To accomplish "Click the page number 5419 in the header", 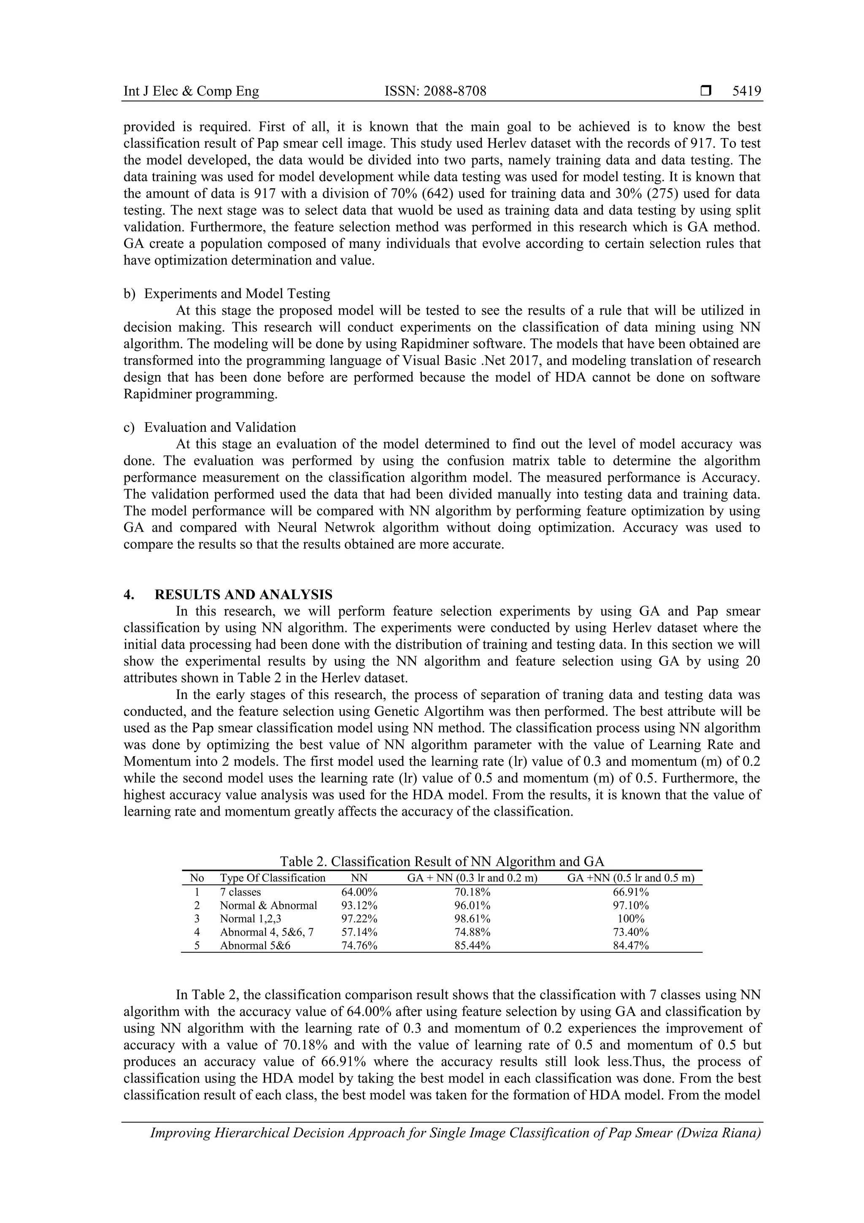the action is coord(746,92).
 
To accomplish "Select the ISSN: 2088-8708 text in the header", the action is coord(435,92).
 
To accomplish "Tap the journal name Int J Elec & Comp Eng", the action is coord(191,92).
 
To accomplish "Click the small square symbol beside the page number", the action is coord(706,92).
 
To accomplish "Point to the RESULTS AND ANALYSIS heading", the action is coord(243,594).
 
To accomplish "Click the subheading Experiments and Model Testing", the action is coord(237,293).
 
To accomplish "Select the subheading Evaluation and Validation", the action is coord(220,427).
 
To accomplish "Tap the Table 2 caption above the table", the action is coord(442,861).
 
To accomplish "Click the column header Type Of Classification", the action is coord(273,878).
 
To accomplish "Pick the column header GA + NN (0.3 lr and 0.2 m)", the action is coord(472,878).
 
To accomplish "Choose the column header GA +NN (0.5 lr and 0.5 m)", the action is coord(631,878).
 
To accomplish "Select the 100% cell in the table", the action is coord(631,919).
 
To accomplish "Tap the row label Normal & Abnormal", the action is coord(268,906).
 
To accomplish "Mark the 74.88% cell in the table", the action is coord(472,932).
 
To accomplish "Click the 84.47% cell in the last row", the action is coord(631,946).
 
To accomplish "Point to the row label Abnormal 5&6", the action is coord(255,946).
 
